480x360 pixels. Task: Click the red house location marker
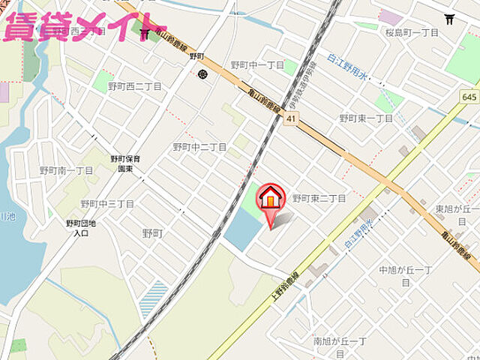pos(271,200)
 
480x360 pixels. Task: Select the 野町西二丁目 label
pos(135,86)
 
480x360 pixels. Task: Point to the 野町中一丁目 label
pos(257,65)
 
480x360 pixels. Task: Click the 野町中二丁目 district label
pos(199,147)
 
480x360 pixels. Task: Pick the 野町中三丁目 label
pos(107,204)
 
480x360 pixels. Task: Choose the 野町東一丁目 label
pos(366,118)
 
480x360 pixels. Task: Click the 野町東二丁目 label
pos(319,198)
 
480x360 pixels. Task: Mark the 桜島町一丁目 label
pos(411,34)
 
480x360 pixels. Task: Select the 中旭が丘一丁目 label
pos(405,275)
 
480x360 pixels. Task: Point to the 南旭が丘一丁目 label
pos(340,346)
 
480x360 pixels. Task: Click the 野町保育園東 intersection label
pos(126,164)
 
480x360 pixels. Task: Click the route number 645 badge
pos(469,97)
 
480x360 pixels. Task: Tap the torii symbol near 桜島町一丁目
pos(450,19)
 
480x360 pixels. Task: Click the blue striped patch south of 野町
pos(154,296)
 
